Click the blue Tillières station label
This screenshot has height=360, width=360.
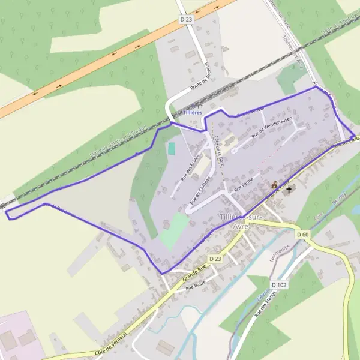[193, 112]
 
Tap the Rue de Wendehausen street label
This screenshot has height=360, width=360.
[272, 127]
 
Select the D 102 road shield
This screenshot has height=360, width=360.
[279, 285]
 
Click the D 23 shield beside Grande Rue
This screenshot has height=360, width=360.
[215, 258]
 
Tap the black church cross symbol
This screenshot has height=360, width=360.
[289, 190]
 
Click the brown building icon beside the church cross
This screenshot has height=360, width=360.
[275, 185]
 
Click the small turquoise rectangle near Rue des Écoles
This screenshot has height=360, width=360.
[172, 148]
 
